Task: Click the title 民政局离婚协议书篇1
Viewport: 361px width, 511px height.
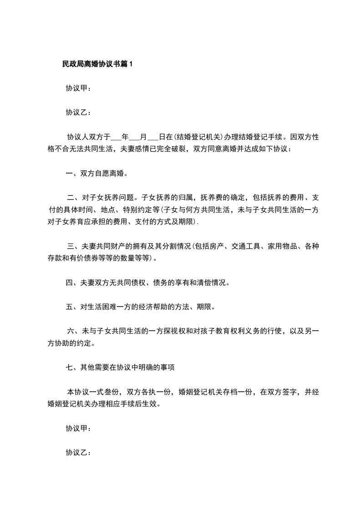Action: (x=97, y=65)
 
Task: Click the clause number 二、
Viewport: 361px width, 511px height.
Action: (x=74, y=198)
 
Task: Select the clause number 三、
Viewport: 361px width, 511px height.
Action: (x=74, y=247)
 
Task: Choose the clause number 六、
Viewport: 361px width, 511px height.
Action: (x=74, y=331)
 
